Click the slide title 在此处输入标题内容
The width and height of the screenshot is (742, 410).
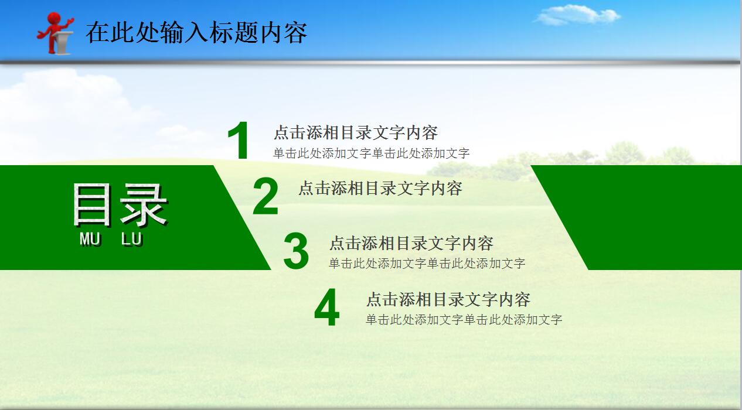click(x=196, y=33)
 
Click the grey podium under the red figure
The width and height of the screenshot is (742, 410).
click(x=63, y=43)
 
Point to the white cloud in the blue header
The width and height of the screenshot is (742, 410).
click(x=577, y=15)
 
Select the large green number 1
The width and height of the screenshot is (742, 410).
click(x=239, y=141)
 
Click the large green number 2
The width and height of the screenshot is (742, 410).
click(x=266, y=197)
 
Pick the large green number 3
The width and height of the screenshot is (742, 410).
click(x=296, y=252)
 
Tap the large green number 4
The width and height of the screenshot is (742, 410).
click(x=326, y=308)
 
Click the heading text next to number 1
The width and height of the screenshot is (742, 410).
click(x=356, y=133)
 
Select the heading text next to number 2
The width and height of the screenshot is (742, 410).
click(x=380, y=188)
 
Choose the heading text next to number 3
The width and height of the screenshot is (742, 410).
click(x=411, y=243)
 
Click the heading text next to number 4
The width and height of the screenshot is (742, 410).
click(x=448, y=299)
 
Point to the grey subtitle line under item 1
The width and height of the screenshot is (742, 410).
click(x=371, y=153)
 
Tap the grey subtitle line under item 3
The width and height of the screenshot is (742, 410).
click(x=427, y=264)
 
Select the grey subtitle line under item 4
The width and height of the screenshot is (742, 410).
click(x=464, y=320)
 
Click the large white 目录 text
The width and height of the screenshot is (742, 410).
click(x=120, y=205)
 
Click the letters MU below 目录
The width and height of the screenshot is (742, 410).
click(x=90, y=239)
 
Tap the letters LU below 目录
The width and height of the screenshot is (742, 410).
click(x=132, y=239)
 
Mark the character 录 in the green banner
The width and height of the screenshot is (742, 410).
click(x=144, y=205)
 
